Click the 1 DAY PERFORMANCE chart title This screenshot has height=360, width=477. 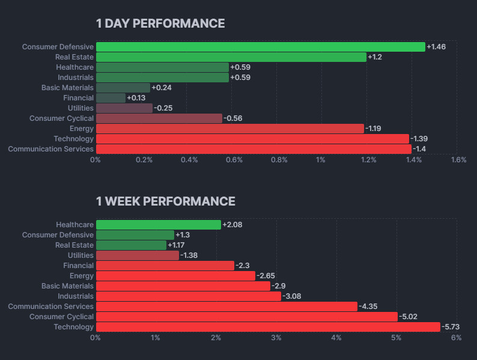click(x=160, y=23)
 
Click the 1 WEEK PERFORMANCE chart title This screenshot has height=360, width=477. click(x=165, y=201)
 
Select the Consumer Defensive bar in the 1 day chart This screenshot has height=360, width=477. click(x=260, y=47)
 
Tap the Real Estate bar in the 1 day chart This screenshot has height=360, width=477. click(x=231, y=57)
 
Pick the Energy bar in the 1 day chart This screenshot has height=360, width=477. click(x=229, y=129)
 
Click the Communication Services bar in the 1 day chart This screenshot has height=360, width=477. click(x=254, y=149)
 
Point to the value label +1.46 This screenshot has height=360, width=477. click(x=436, y=47)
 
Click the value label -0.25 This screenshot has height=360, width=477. click(x=163, y=108)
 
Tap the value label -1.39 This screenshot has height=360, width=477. click(x=419, y=139)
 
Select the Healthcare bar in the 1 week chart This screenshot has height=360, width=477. click(x=158, y=225)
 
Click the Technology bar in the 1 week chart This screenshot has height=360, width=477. click(x=268, y=327)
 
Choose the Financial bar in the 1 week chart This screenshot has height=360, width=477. click(x=165, y=266)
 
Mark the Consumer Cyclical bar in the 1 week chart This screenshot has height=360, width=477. click(x=246, y=317)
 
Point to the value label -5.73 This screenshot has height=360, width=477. click(x=451, y=327)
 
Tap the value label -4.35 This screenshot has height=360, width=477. click(x=368, y=307)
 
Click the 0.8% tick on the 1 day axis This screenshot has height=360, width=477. click(x=279, y=160)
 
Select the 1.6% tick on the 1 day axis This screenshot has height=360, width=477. click(x=458, y=160)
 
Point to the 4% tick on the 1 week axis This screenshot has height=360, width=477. click(x=336, y=338)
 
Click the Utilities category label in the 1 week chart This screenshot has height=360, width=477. click(x=81, y=255)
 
